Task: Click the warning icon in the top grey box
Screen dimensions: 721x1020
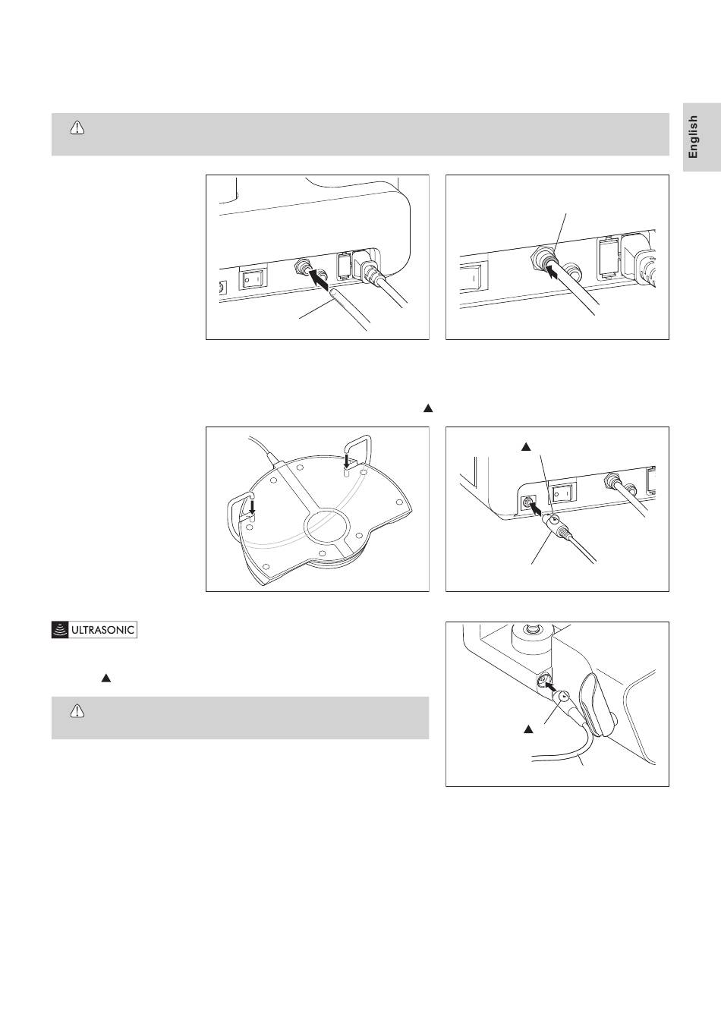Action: [77, 128]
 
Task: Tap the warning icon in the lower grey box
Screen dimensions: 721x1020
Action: [77, 711]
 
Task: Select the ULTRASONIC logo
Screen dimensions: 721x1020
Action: [94, 630]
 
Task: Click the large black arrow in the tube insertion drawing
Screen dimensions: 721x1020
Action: [319, 279]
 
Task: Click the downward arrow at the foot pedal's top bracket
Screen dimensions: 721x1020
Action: [347, 461]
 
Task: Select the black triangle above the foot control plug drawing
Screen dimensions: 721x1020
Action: [526, 447]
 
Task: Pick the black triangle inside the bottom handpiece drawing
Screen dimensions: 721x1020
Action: [528, 729]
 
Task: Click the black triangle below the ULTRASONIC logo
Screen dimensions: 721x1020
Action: [106, 678]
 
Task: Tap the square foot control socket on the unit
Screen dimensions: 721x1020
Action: [526, 504]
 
